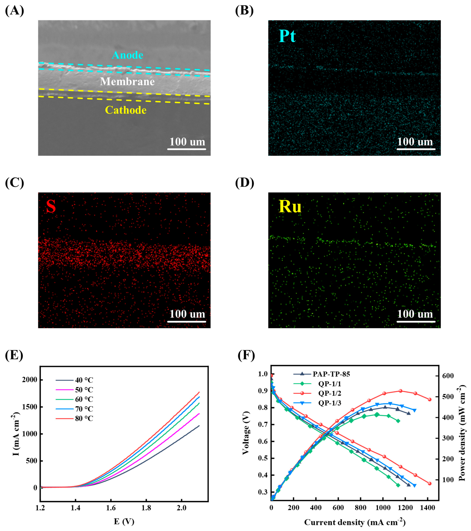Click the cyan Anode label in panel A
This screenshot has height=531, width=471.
[128, 55]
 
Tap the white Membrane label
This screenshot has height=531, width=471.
[127, 82]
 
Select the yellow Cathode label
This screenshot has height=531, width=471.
[126, 110]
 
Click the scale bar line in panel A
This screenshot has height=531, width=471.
[187, 149]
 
